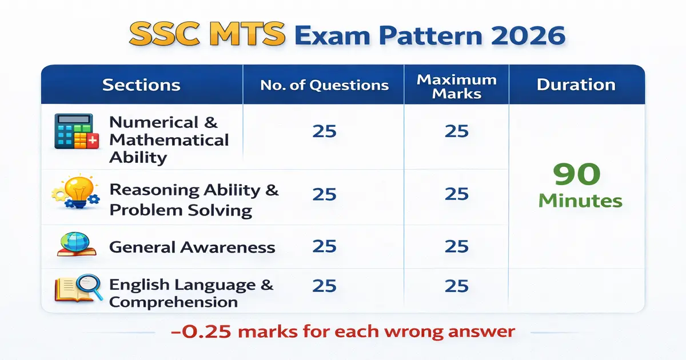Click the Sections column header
[141, 86]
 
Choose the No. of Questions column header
[324, 86]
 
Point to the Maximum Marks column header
[456, 86]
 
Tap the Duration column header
[576, 85]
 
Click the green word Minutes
[580, 201]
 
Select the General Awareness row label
[192, 247]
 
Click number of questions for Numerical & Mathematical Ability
[324, 131]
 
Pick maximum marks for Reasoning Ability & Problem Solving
[456, 194]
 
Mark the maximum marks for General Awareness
[456, 246]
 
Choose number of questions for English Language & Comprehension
[324, 286]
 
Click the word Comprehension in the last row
[173, 302]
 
